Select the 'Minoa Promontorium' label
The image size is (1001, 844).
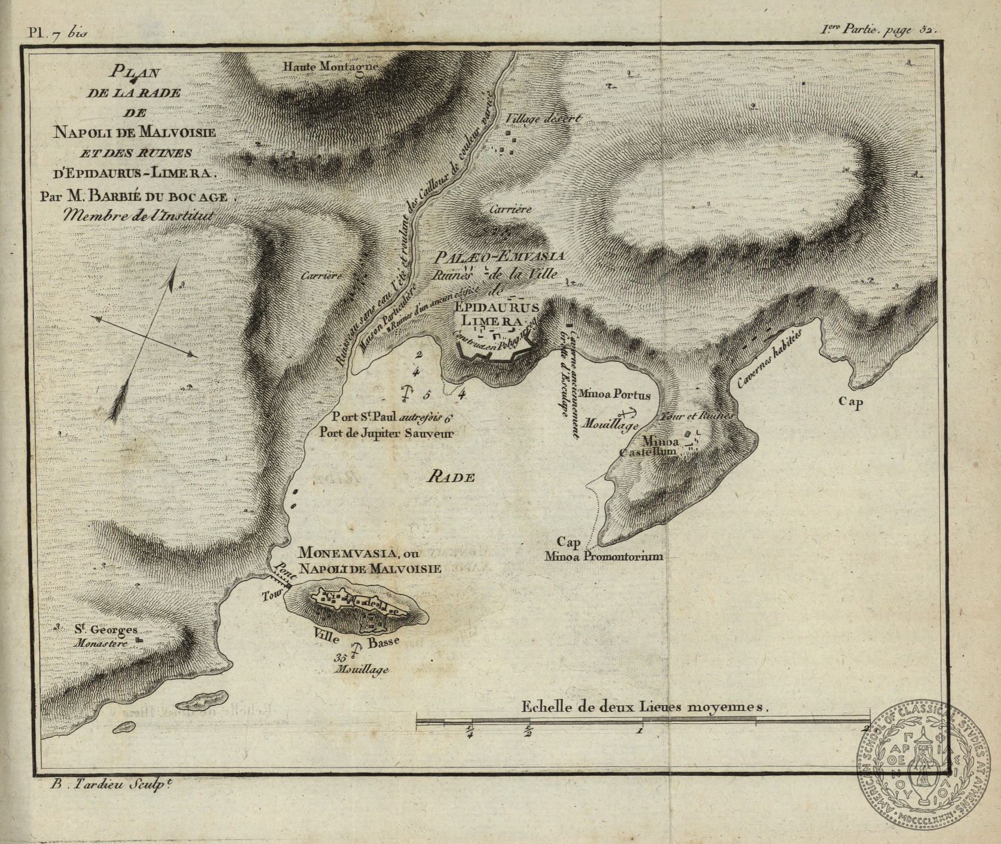click(x=604, y=557)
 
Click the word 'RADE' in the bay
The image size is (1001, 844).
click(x=452, y=477)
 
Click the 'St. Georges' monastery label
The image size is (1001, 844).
click(x=106, y=630)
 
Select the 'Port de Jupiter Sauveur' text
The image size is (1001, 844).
click(x=386, y=434)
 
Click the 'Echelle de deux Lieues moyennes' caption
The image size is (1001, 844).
click(x=644, y=706)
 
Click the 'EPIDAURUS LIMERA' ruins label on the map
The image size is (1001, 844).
click(x=496, y=314)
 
